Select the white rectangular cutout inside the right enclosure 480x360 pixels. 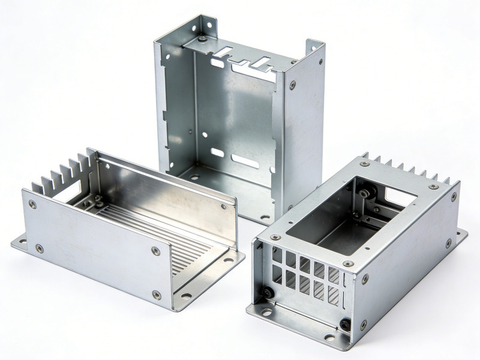400,195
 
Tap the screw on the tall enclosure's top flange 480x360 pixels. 202,39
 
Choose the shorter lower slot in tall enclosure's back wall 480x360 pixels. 217,152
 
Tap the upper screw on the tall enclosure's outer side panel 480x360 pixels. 292,85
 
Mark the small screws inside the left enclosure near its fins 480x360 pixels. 96,201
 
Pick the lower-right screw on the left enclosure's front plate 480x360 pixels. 157,294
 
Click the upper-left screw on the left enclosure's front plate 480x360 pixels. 32,204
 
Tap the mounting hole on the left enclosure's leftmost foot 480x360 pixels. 23,242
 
